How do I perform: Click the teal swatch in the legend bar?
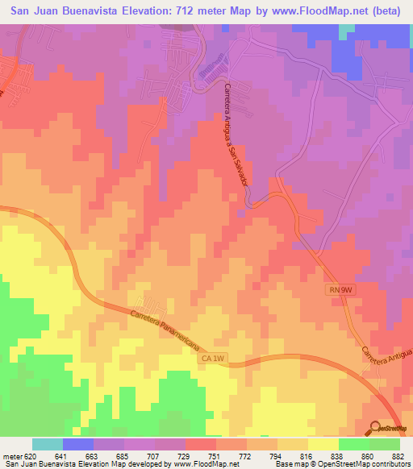48,444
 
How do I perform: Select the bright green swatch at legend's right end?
385,444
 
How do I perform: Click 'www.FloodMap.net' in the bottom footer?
194,463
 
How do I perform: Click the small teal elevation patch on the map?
346,30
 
